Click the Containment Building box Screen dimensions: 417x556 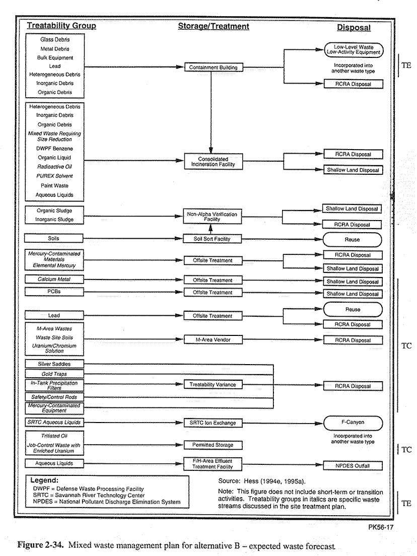click(x=214, y=67)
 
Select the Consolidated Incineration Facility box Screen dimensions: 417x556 click(x=213, y=162)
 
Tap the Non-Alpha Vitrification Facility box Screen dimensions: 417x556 click(x=213, y=216)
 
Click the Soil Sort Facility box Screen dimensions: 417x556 click(x=212, y=239)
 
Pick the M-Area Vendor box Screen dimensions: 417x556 click(x=213, y=340)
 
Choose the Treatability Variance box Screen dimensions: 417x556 click(x=213, y=384)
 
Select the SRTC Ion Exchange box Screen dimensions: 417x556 click(x=213, y=423)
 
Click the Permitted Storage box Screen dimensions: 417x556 click(x=213, y=445)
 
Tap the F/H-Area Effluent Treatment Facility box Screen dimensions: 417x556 click(x=213, y=464)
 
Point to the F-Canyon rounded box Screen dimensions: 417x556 click(x=353, y=423)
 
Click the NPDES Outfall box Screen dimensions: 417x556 click(x=353, y=465)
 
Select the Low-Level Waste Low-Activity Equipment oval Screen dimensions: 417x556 click(x=354, y=50)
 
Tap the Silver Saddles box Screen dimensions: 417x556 click(x=54, y=364)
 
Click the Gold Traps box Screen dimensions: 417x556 click(x=54, y=374)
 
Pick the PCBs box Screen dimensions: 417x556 click(x=54, y=292)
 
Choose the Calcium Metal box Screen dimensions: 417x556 click(x=54, y=279)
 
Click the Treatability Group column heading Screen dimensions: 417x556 click(x=62, y=26)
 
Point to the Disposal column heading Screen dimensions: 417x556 click(x=354, y=28)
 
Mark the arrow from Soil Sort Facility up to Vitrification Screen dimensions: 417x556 click(x=211, y=229)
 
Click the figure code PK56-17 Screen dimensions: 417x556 click(x=380, y=527)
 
